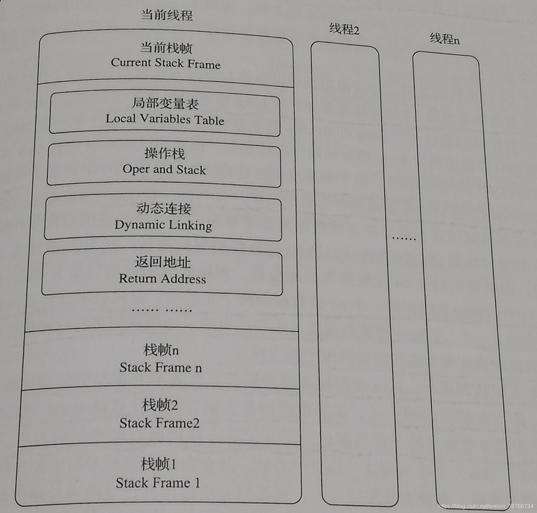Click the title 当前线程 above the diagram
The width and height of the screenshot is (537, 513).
pos(167,15)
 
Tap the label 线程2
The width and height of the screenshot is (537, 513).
pos(344,29)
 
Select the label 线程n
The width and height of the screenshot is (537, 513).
pos(444,39)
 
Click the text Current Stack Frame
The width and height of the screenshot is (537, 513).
pos(166,63)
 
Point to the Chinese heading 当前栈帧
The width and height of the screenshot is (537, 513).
pos(166,48)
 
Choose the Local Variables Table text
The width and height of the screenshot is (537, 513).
pos(165,119)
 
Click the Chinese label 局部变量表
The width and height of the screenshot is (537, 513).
pos(165,103)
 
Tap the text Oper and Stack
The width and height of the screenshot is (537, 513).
pos(164,170)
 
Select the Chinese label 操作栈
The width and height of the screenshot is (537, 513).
pos(165,153)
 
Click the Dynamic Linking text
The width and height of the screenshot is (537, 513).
pos(163,225)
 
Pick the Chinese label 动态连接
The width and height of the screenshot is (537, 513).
pos(164,208)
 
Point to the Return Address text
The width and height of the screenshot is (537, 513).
pos(162,279)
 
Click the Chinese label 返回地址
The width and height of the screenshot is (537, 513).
pos(162,262)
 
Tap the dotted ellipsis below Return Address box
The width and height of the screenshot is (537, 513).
pos(162,310)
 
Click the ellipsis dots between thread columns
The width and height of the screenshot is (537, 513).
pos(404,239)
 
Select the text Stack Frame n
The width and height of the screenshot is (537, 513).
pos(161,368)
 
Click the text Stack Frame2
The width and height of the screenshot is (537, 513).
pos(159,423)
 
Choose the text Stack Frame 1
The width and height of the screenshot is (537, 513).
pos(158,483)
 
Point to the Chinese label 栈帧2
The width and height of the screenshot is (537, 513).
pos(160,405)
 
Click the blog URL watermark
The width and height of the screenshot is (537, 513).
pos(486,506)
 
